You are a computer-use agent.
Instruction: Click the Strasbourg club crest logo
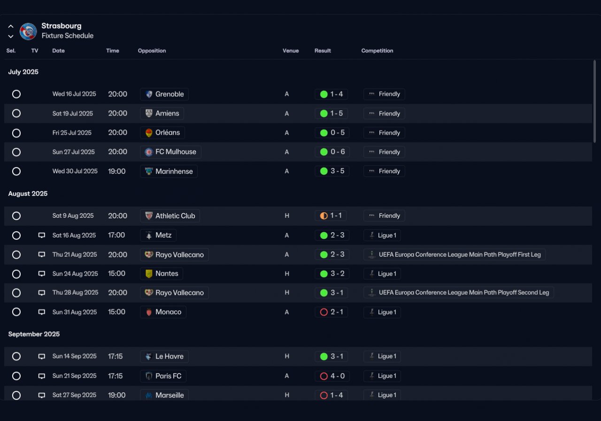(28, 31)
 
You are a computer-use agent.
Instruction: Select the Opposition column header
(152, 51)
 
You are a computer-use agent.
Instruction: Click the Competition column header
(377, 51)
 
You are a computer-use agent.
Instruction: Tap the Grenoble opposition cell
(164, 94)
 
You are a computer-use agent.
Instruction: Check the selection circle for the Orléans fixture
(16, 133)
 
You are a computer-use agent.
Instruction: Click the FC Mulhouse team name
(176, 152)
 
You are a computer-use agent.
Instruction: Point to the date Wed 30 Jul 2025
(75, 171)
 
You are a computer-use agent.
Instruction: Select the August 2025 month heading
(28, 194)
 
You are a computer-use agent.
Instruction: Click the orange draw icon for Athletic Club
(324, 216)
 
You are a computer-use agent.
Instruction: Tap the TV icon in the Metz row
(42, 235)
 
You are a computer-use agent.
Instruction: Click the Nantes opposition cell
(162, 274)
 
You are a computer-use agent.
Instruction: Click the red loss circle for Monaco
(324, 312)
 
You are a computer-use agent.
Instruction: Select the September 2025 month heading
(34, 334)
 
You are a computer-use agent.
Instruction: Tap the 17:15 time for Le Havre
(115, 356)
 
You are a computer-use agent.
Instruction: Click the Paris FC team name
(168, 376)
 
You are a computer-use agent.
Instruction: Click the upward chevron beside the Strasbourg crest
(11, 26)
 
